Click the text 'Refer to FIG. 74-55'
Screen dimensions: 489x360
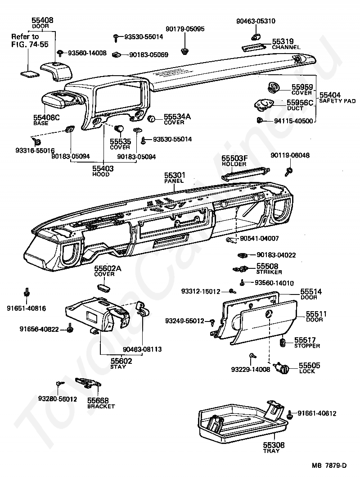click(25, 40)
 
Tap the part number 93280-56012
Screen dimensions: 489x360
click(58, 398)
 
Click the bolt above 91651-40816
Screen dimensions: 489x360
click(27, 291)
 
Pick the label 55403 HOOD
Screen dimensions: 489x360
click(103, 171)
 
